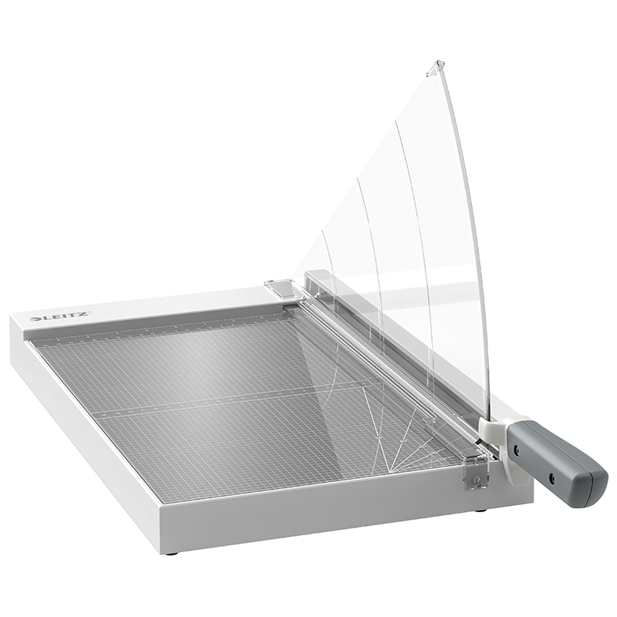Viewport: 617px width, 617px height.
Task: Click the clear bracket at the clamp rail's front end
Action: (x=477, y=467)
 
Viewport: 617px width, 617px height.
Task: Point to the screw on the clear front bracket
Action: (x=476, y=481)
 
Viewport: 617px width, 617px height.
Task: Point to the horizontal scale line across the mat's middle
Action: (x=231, y=401)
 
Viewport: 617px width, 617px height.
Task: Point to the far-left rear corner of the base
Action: (x=11, y=316)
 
